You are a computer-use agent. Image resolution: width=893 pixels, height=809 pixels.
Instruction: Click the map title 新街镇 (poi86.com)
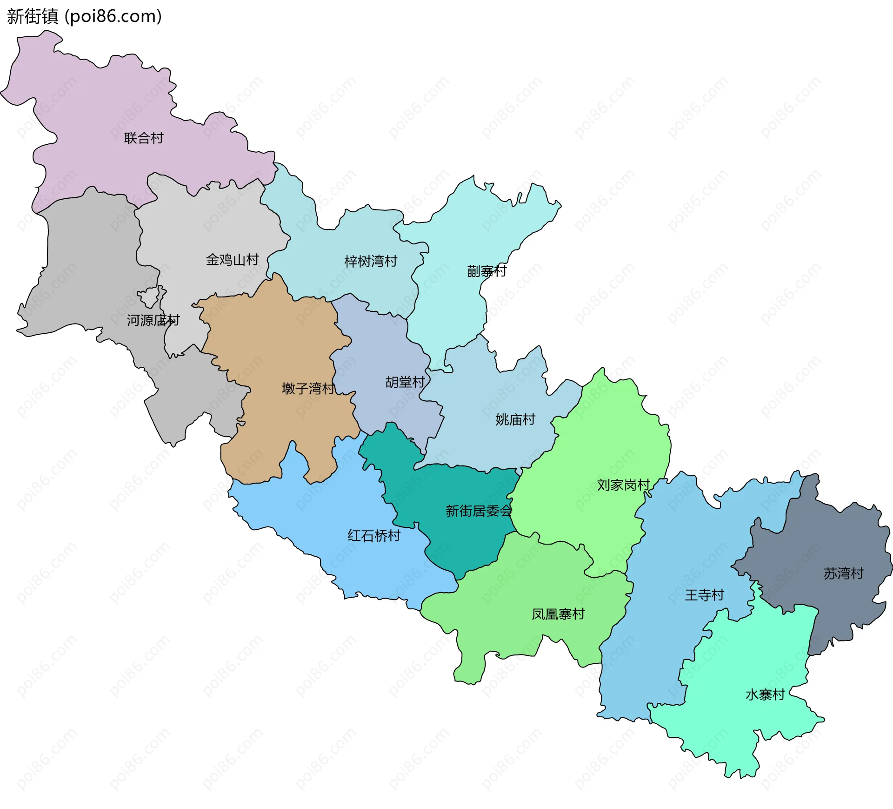coord(84,16)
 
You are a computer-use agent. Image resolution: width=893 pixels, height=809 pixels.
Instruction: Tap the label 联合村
coord(144,138)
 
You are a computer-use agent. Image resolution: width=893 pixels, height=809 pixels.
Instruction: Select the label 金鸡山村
coord(232,260)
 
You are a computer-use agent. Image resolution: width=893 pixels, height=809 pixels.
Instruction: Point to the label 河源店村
coord(153,320)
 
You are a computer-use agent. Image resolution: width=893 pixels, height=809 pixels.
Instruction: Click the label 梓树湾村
coord(371,262)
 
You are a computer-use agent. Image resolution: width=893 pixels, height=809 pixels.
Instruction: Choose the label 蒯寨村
coord(486,271)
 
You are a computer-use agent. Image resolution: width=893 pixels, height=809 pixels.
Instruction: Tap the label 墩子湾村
coord(308,389)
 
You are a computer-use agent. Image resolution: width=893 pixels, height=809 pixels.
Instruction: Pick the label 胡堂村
coord(405,382)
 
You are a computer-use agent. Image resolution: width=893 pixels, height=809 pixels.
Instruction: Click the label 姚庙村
coord(515,420)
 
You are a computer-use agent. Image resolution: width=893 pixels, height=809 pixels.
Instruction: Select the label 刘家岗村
coord(623,485)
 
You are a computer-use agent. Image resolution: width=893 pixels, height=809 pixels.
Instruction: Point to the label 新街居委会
coord(479,511)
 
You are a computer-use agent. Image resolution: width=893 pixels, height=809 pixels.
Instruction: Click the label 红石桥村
coord(374,536)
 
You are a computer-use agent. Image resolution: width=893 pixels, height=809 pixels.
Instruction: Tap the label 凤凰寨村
coord(558,614)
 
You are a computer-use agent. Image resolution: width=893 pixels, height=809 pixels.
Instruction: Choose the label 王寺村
coord(704,595)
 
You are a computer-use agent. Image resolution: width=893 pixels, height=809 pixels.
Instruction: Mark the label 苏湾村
coord(843,573)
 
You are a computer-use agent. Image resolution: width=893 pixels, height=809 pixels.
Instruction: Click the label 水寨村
coord(765,695)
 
